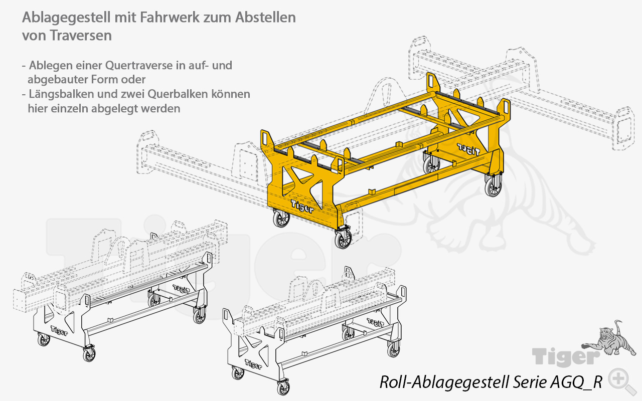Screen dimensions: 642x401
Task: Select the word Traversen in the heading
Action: coord(81,36)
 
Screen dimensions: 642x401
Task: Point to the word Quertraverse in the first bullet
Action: coord(139,66)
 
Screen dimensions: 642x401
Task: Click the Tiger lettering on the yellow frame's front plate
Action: coord(302,206)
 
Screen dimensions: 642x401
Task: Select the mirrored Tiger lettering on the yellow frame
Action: coord(468,149)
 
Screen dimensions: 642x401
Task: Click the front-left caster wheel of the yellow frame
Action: coord(281,219)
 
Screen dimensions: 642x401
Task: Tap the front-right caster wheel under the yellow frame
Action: coord(344,238)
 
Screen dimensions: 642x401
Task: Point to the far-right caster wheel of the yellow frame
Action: coord(493,185)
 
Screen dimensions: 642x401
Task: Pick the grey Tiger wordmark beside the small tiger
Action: coord(566,357)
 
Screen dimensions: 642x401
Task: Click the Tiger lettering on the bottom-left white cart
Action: coord(59,330)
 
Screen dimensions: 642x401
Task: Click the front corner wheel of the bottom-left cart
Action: coord(89,354)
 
